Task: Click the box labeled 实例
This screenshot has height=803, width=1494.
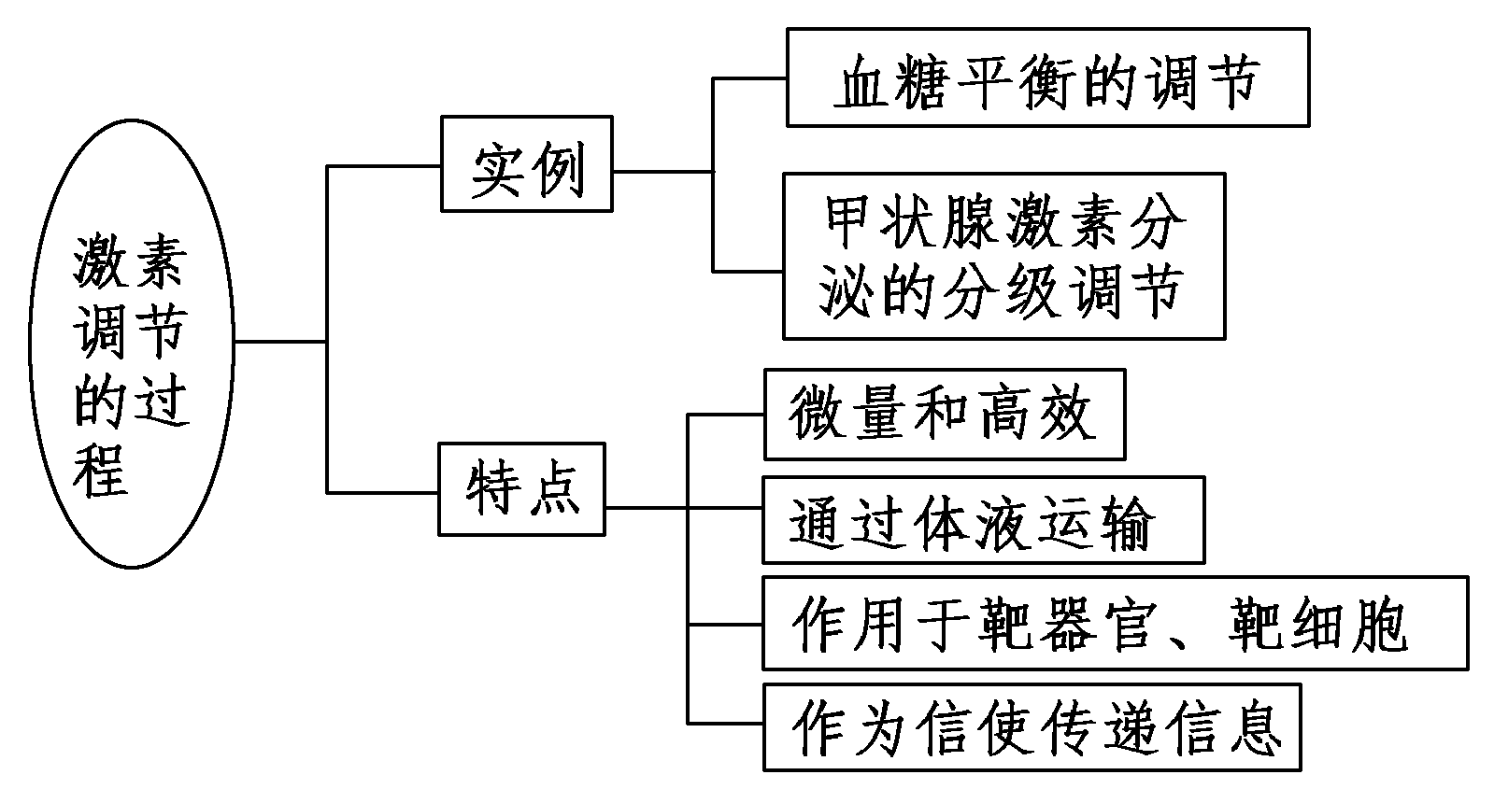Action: point(526,164)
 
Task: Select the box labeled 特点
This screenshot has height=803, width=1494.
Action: point(521,489)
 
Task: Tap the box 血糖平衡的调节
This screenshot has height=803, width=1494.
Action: point(1046,77)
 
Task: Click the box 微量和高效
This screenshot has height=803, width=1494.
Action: point(944,415)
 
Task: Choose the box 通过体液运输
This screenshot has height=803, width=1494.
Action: point(982,520)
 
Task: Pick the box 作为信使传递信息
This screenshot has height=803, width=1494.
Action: point(1032,728)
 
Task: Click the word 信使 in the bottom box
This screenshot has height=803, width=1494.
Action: point(983,728)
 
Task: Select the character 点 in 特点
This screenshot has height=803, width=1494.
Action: point(553,489)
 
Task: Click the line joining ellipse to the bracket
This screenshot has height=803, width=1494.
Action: point(280,342)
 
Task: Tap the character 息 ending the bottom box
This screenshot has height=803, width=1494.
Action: point(1250,728)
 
